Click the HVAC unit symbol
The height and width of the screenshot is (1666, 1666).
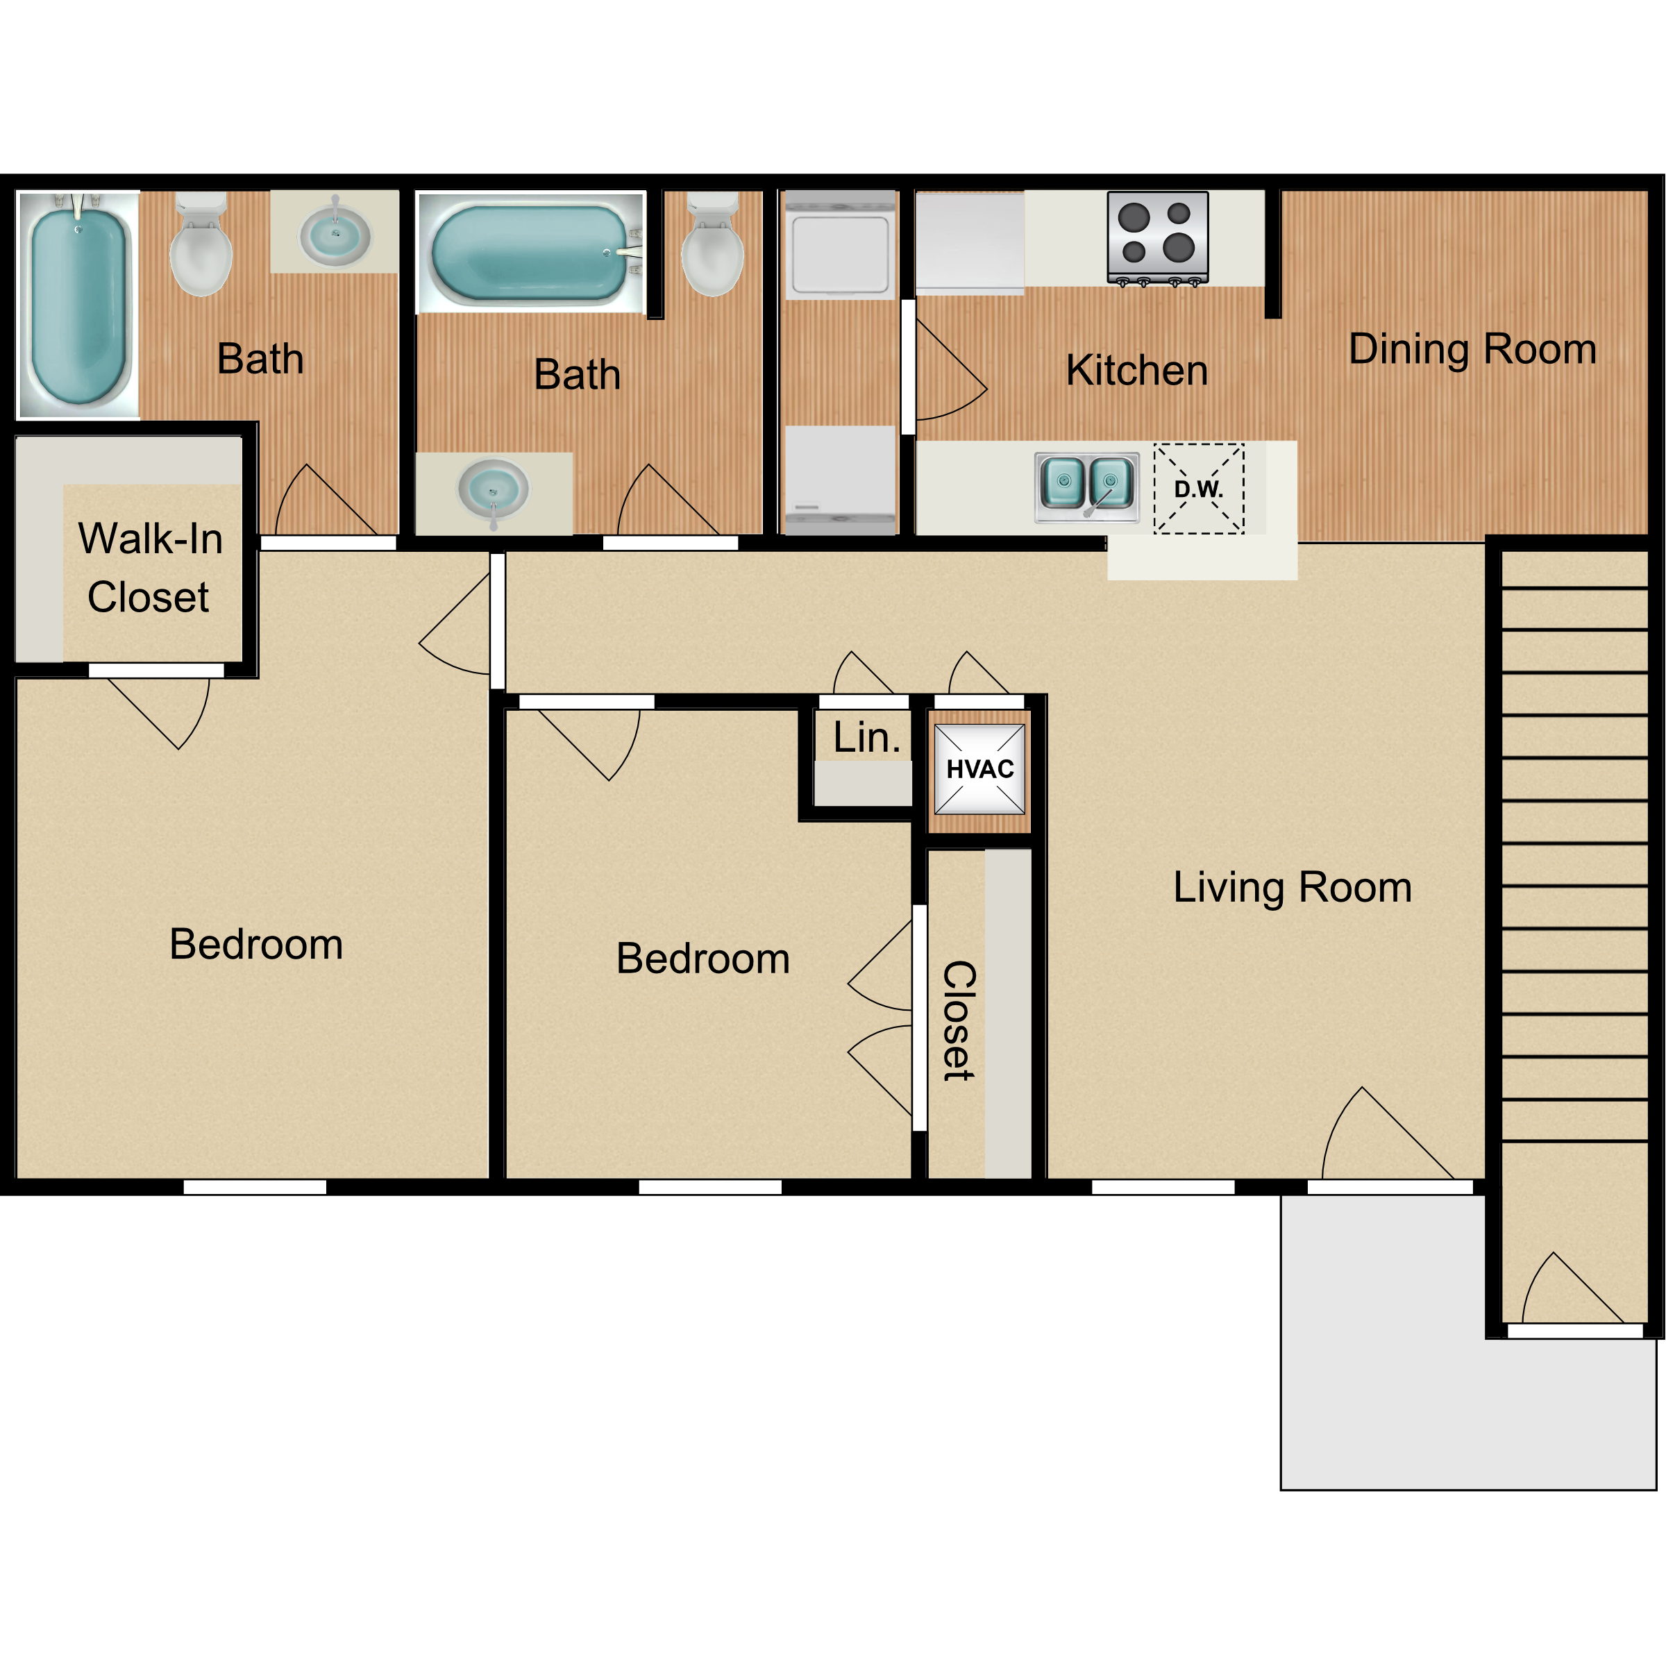(980, 769)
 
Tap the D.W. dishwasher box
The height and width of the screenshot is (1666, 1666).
(1199, 489)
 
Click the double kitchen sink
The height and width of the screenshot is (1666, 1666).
(1086, 488)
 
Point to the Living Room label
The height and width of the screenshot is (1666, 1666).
(1293, 887)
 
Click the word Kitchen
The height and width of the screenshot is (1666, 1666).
(1136, 370)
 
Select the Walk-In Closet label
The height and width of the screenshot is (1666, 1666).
(150, 567)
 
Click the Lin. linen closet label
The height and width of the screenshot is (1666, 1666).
(866, 737)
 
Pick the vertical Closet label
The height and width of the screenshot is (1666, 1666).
(959, 1021)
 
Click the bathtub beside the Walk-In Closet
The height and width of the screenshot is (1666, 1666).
(78, 305)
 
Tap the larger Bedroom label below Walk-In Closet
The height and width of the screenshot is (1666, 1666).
(256, 944)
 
